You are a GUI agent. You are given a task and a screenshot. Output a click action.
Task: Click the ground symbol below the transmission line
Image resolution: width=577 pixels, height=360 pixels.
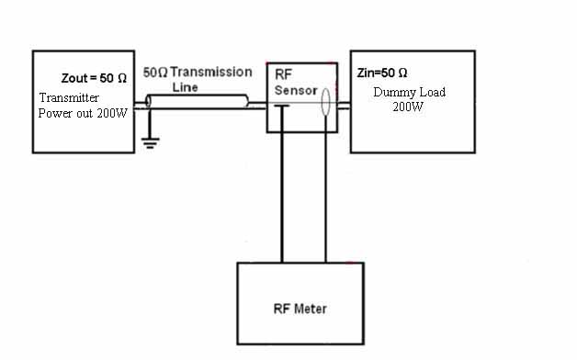tap(150, 142)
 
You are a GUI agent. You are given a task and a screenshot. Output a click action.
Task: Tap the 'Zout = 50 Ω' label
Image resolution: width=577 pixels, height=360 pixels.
tap(94, 78)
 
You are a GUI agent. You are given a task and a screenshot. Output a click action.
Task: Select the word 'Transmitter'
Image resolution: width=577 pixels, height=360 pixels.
tap(69, 98)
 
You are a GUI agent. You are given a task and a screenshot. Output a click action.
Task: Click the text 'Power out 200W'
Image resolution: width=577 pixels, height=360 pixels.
tap(83, 113)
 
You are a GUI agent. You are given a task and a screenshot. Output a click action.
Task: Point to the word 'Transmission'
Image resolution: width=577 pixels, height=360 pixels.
tap(211, 72)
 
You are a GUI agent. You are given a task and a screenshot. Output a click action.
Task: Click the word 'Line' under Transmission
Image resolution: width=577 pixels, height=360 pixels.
tap(185, 87)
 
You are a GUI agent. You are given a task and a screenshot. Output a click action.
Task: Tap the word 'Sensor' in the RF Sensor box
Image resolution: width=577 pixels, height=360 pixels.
tap(296, 90)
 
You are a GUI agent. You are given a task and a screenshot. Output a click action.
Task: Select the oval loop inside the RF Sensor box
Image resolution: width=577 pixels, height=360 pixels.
tap(325, 102)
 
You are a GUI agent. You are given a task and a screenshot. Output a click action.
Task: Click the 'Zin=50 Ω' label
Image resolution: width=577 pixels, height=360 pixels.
tap(382, 73)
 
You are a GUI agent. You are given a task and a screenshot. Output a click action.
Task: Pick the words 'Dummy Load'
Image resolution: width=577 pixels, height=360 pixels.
tap(409, 92)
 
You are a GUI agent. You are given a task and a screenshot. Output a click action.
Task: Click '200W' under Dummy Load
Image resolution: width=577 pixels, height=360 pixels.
tap(408, 107)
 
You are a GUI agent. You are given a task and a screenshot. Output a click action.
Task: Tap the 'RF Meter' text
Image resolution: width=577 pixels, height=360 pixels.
tap(300, 309)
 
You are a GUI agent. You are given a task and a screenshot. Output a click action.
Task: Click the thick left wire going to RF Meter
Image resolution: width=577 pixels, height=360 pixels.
tap(282, 184)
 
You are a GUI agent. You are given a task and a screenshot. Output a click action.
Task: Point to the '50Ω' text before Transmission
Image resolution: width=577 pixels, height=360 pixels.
tap(155, 72)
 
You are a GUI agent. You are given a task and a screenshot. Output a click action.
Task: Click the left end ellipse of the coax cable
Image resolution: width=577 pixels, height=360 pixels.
tap(148, 102)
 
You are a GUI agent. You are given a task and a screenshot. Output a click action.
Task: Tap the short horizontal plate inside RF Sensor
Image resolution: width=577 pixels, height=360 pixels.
tap(282, 106)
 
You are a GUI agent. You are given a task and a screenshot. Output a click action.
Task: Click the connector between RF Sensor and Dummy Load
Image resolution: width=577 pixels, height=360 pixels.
tap(344, 106)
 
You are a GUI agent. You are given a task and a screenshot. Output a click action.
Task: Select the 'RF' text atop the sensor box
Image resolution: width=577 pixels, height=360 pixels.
tap(283, 74)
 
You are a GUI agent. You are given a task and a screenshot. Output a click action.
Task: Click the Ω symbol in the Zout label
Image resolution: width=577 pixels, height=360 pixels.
tap(122, 78)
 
